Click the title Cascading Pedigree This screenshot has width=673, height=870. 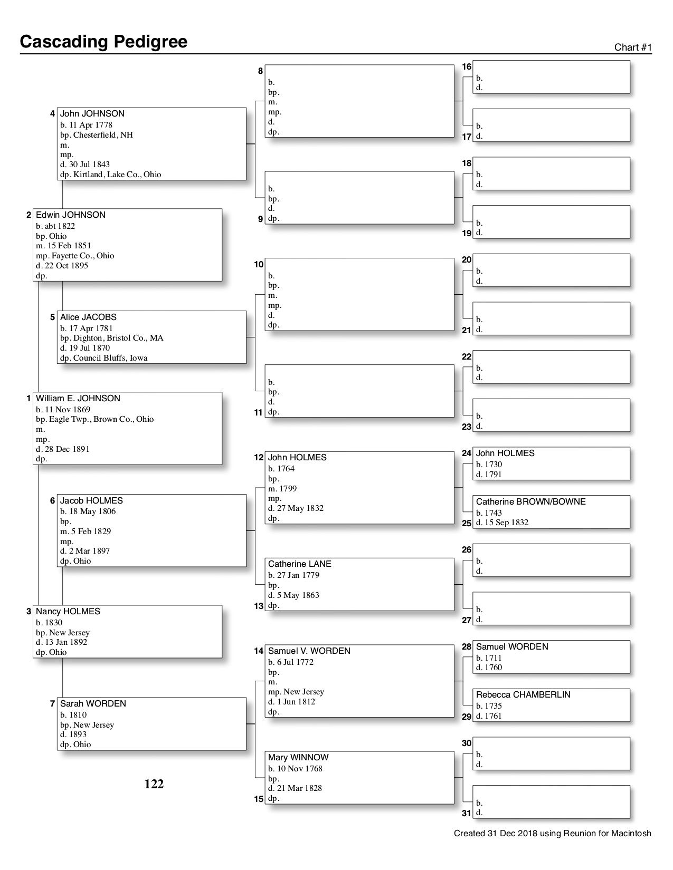click(x=103, y=42)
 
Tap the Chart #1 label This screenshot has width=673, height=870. click(x=633, y=47)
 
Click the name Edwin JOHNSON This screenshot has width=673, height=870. click(x=70, y=215)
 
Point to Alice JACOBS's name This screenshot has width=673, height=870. click(x=88, y=317)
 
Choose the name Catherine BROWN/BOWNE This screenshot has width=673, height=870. click(x=530, y=502)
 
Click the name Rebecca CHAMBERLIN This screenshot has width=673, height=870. click(x=523, y=695)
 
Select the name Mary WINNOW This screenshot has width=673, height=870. click(x=298, y=758)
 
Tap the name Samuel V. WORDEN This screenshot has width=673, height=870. click(x=309, y=651)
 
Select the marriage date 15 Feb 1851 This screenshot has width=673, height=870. click(x=68, y=246)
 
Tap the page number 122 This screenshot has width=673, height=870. click(x=154, y=785)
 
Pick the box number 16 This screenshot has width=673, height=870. click(x=467, y=67)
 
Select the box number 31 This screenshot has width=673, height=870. click(x=467, y=813)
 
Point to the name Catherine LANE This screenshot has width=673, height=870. click(x=299, y=564)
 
